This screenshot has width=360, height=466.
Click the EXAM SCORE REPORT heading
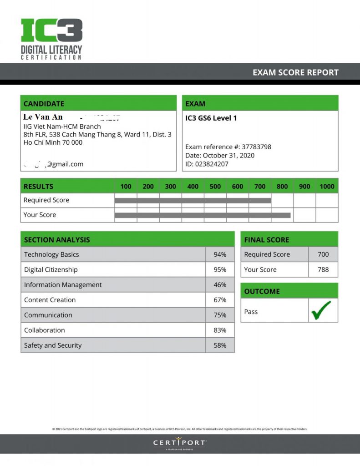[x=295, y=72]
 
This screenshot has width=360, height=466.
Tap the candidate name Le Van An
[x=43, y=117]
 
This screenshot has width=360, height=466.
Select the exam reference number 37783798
[x=256, y=147]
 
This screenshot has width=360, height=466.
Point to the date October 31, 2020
[x=235, y=156]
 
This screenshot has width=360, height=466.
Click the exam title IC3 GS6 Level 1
[x=211, y=118]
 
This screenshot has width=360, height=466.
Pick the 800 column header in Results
[x=282, y=186]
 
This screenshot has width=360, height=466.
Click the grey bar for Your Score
[x=203, y=215]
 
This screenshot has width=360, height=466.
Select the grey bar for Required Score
[x=193, y=200]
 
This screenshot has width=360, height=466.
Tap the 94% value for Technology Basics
[x=220, y=255]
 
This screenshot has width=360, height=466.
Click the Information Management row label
[x=63, y=285]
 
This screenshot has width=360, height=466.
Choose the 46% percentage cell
[x=220, y=285]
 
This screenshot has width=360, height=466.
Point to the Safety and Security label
[x=53, y=345]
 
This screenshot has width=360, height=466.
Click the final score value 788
[x=323, y=270]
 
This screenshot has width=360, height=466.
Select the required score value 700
[x=323, y=255]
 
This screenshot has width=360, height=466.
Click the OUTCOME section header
[x=262, y=291]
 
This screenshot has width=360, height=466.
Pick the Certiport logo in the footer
[x=180, y=443]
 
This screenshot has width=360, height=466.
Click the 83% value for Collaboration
[x=220, y=330]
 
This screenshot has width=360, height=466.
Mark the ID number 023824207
[x=212, y=164]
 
